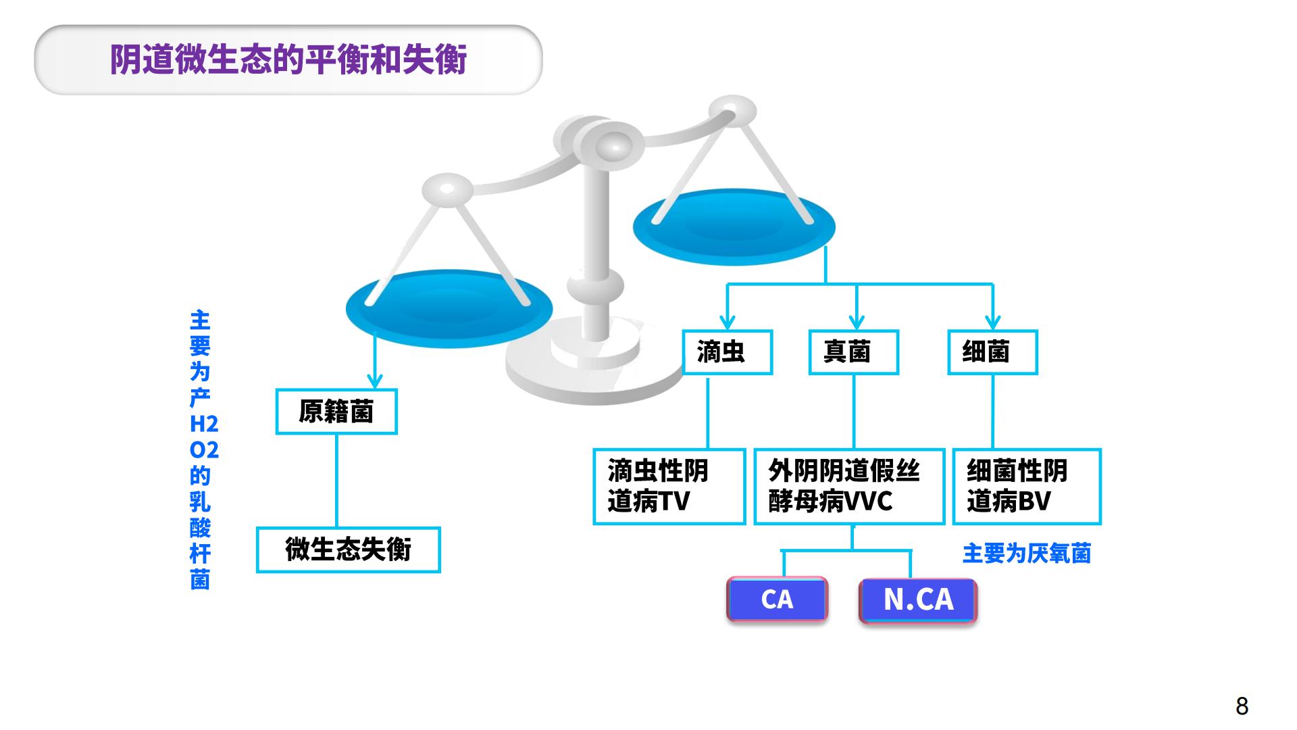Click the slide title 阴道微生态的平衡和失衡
[288, 60]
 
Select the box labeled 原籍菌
[336, 412]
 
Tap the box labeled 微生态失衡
[349, 550]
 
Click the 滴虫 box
[727, 352]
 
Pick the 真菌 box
[854, 352]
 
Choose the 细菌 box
[992, 352]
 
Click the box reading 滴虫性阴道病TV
[669, 487]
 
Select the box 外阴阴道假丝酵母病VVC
[849, 487]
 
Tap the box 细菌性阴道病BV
[1027, 487]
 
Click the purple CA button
[777, 599]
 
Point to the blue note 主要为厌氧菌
[1027, 554]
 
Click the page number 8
[1242, 706]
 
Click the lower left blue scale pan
[449, 309]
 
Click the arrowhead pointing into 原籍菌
[375, 381]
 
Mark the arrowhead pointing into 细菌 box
[992, 322]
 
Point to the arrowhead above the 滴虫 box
[727, 322]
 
